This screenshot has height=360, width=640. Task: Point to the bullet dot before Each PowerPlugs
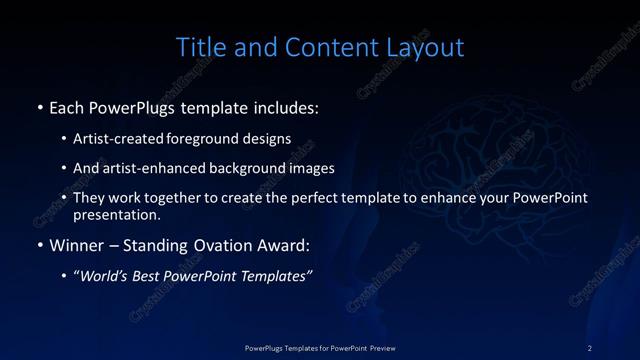(x=39, y=105)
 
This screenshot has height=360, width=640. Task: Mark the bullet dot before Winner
(x=39, y=245)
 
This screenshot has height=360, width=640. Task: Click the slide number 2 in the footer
(x=590, y=347)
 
